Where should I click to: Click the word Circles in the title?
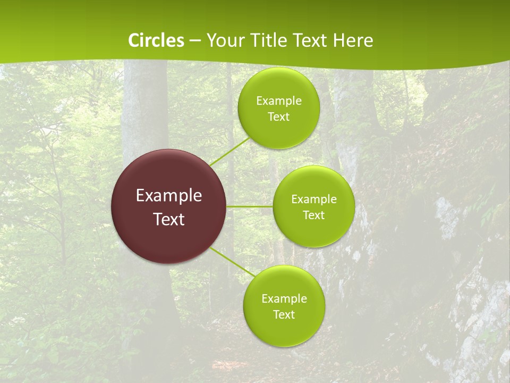pos(156,40)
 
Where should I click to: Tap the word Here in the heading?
pos(353,40)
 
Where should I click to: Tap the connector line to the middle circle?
pos(250,206)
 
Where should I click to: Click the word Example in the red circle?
pos(169,196)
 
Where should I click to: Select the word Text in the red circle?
pos(169,219)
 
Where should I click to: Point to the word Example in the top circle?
pos(279,101)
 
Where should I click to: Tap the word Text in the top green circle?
pos(278,116)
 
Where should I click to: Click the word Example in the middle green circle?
pos(314,199)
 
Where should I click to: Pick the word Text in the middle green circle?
pos(313,215)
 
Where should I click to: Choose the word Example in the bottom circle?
pos(284,299)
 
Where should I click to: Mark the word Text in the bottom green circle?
pos(284,314)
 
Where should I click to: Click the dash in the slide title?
pos(195,41)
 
